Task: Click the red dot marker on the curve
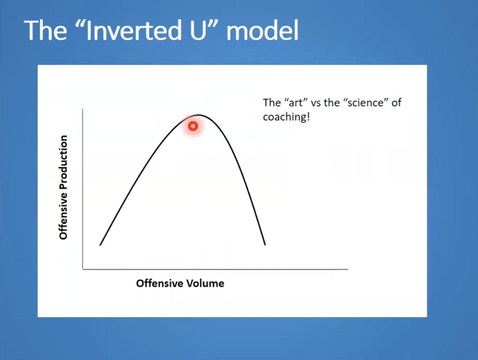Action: (193, 126)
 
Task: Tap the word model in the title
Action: (262, 30)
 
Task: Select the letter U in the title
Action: (198, 30)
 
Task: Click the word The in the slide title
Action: (45, 30)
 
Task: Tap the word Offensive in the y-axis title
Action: (63, 215)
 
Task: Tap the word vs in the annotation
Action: (316, 103)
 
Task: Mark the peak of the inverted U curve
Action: (198, 115)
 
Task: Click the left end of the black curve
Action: (100, 245)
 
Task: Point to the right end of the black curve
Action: (265, 245)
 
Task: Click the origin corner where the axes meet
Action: (83, 269)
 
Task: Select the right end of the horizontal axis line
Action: (348, 269)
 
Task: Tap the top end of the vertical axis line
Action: (83, 109)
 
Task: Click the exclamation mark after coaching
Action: (308, 117)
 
